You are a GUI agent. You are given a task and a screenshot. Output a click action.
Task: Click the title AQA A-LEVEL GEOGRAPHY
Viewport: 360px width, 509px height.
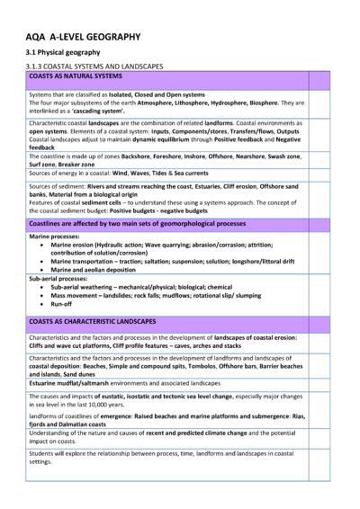click(83, 37)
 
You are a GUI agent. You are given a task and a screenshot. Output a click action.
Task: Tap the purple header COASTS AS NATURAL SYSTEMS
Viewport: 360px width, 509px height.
click(76, 76)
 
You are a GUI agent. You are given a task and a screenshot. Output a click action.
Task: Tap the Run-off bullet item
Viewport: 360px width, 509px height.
click(64, 303)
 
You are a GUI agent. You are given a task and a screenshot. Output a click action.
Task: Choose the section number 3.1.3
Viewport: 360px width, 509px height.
click(36, 66)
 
